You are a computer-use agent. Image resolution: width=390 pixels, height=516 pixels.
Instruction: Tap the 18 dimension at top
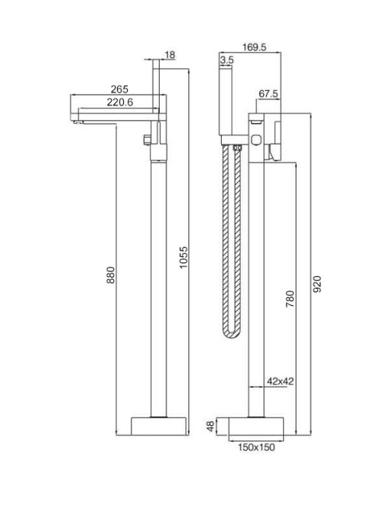coord(170,55)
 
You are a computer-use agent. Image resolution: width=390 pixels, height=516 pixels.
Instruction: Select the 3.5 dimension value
coord(226,60)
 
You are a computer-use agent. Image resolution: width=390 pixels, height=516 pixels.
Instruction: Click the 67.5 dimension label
coord(268,94)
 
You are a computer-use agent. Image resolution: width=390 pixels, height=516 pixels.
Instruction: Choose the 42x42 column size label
coord(281,381)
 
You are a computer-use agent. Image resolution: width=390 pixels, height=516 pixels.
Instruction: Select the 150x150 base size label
coord(256,447)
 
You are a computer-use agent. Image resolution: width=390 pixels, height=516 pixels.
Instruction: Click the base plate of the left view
coord(159,427)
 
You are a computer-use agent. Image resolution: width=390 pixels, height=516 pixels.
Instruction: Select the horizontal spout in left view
coord(115,116)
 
